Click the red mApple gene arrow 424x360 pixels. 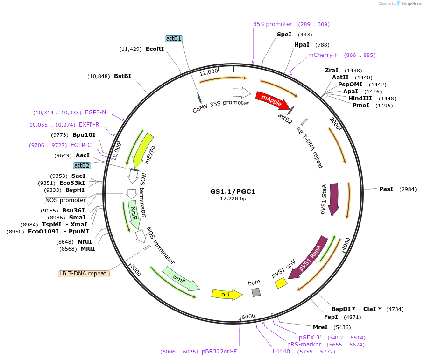272,100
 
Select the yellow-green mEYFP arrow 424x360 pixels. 143,150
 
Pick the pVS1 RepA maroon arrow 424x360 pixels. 308,258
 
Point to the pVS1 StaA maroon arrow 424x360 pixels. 334,199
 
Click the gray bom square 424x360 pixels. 256,292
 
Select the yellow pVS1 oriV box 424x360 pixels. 281,283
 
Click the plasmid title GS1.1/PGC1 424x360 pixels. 233,191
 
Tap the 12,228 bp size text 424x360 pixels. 233,198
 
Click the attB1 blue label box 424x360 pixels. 174,39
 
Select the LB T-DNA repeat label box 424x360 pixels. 84,274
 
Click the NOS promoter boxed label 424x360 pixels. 66,200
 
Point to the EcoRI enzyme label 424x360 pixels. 155,49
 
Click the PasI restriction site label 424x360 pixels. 386,189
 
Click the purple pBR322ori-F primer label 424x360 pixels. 219,352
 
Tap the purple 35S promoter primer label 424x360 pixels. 272,24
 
